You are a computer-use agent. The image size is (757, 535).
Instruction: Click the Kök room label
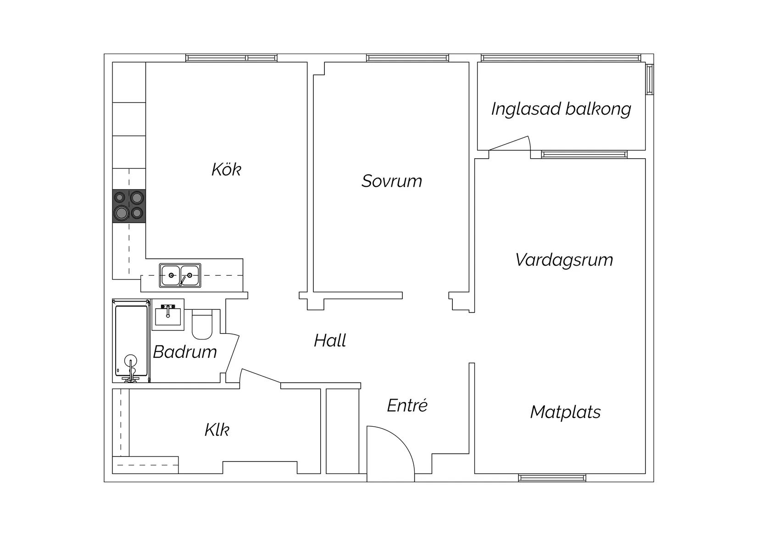[226, 170]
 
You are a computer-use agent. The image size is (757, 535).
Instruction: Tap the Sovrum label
[391, 181]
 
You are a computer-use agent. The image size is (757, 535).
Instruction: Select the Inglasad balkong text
[561, 109]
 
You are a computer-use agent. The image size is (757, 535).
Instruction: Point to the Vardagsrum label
[564, 260]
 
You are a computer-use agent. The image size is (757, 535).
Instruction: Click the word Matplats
[565, 412]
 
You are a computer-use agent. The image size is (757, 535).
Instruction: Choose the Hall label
[330, 340]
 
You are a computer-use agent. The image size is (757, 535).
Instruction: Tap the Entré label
[407, 406]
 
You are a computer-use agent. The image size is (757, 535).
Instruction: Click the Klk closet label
[217, 430]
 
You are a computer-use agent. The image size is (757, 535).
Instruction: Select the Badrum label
[185, 352]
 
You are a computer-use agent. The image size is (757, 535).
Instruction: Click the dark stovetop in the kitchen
[129, 206]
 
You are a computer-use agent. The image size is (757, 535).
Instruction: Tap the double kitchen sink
[180, 275]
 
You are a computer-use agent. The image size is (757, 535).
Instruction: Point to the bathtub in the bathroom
[131, 340]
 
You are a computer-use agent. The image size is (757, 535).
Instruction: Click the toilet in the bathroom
[202, 324]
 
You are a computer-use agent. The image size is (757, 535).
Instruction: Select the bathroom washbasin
[168, 315]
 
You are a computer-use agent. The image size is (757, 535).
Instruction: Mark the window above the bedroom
[407, 58]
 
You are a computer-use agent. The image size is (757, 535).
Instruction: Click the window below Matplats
[552, 478]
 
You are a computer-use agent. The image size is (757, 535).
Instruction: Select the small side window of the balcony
[649, 79]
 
